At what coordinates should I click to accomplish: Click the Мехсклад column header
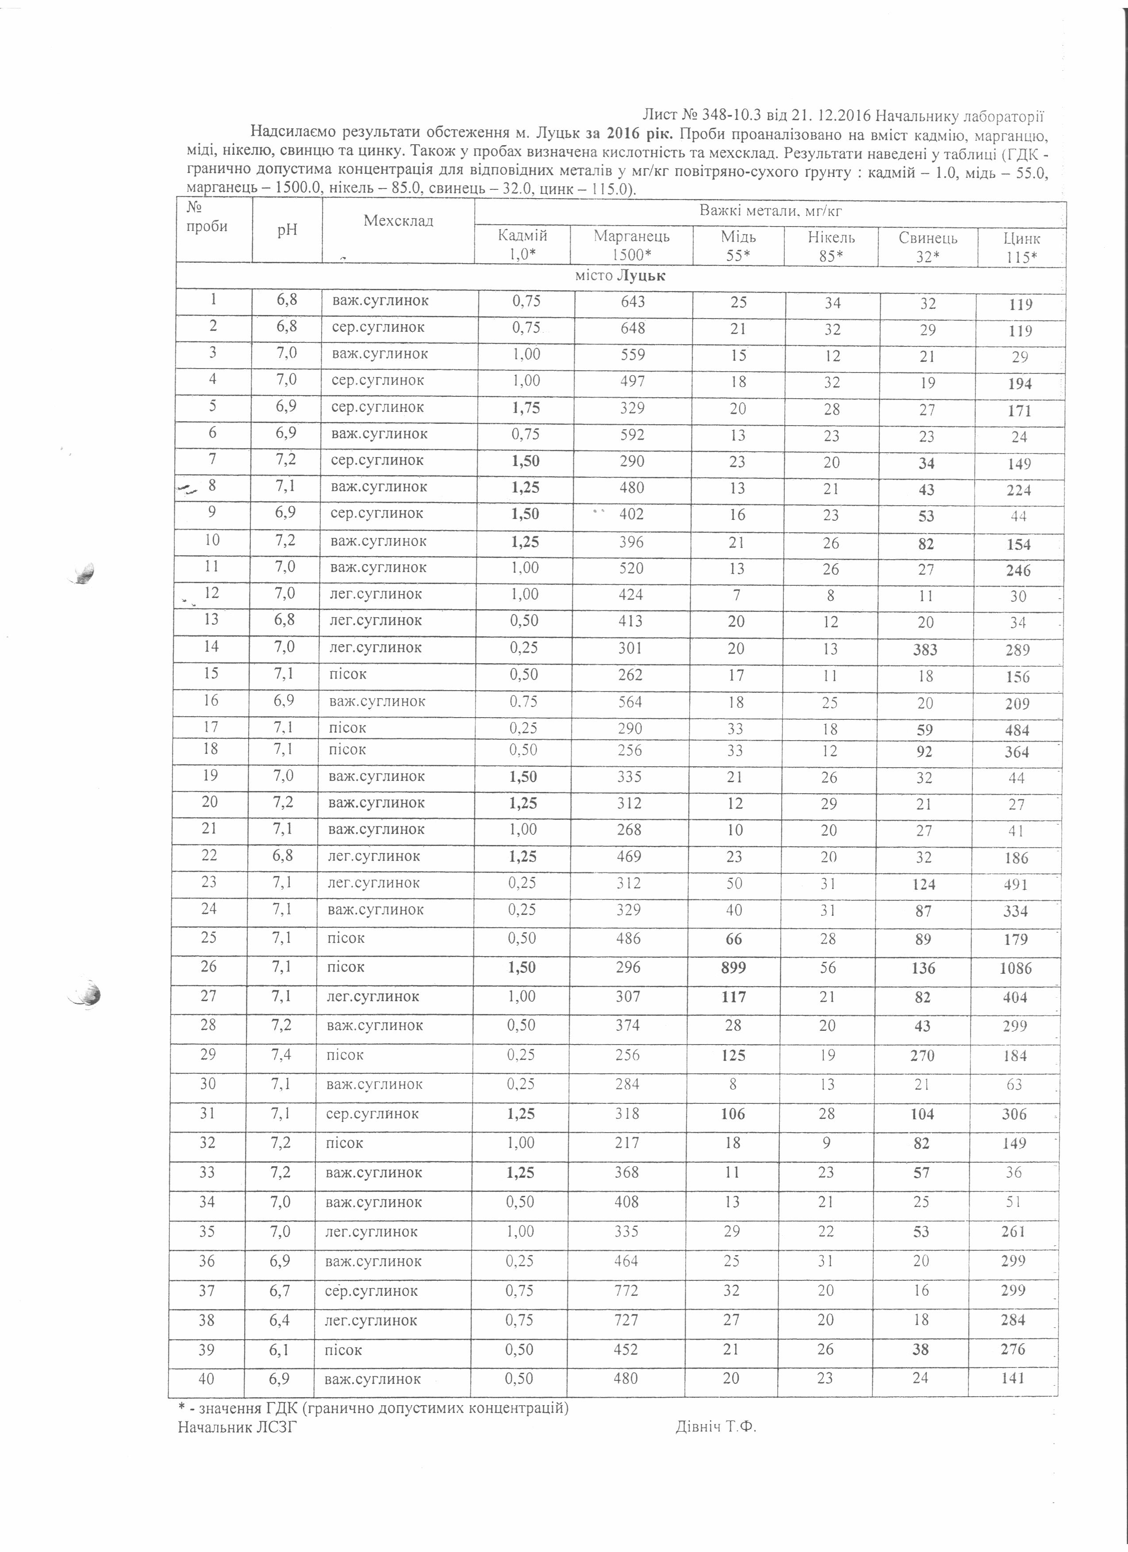coord(398,220)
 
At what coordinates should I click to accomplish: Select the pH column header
coord(287,230)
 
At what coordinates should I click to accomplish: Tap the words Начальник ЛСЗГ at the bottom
coord(238,1427)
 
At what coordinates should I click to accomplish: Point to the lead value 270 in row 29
coord(922,1055)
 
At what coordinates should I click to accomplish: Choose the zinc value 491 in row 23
coord(1016,884)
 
